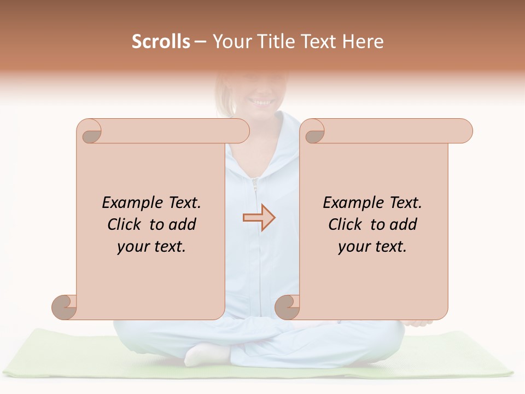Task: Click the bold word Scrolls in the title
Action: click(x=161, y=42)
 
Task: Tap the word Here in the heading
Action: click(x=363, y=42)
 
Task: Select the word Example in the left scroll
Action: click(x=126, y=204)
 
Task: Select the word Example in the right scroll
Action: click(x=347, y=204)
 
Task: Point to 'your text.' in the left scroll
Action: click(x=151, y=247)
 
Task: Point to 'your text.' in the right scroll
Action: click(x=372, y=247)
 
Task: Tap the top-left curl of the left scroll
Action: click(x=90, y=132)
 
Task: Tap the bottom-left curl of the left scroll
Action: click(x=64, y=307)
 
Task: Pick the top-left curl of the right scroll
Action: click(x=313, y=132)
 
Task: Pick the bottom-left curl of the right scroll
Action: click(x=287, y=307)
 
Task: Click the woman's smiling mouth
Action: click(x=261, y=102)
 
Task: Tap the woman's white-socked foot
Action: click(x=201, y=356)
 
